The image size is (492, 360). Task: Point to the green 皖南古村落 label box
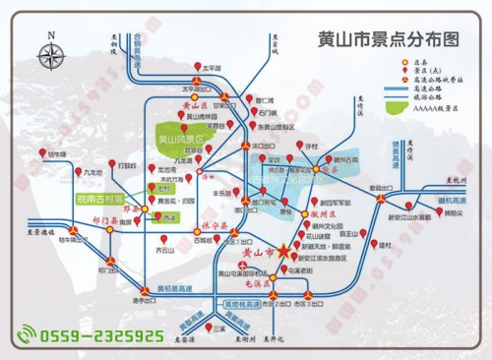coord(98,199)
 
